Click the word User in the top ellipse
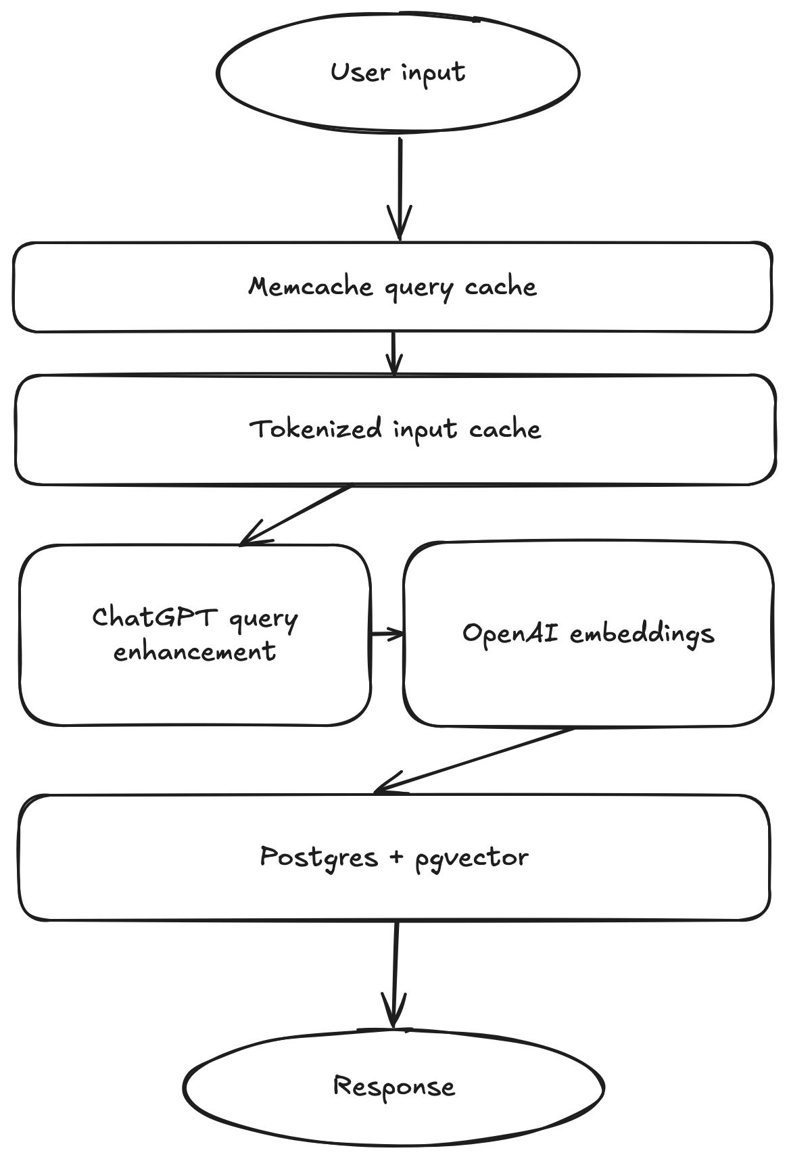coord(360,72)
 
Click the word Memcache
coord(310,287)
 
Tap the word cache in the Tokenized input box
coord(505,429)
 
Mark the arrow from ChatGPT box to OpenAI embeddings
coord(387,634)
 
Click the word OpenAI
coord(510,633)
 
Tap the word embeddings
coord(642,634)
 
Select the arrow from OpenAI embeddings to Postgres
coord(473,760)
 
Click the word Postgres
coord(318,857)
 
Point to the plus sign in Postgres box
coord(396,857)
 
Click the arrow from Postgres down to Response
coord(395,974)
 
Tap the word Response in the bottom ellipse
coord(394,1087)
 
